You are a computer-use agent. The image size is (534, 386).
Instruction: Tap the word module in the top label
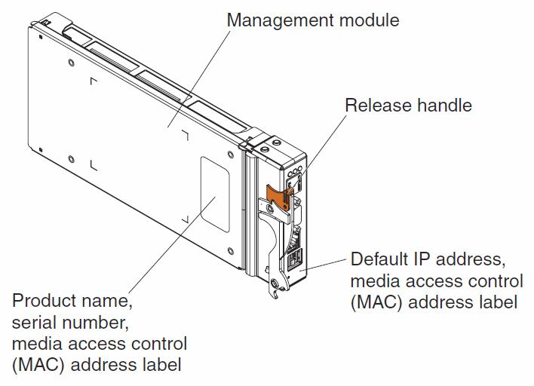tap(370, 20)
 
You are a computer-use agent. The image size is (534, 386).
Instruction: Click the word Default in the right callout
tap(381, 259)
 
